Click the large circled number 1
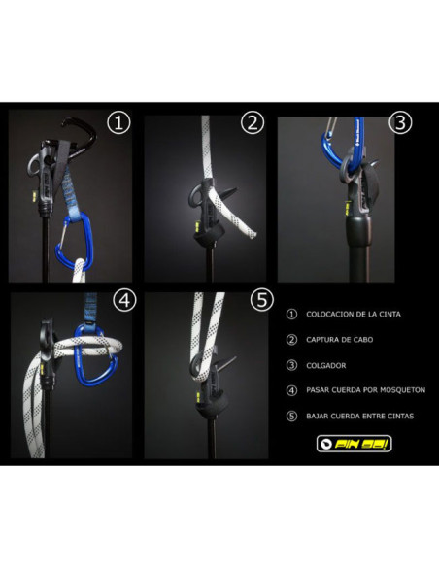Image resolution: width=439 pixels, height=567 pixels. point(118,123)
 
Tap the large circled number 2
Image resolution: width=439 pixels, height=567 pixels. point(253,123)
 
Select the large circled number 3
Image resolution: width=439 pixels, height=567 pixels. point(400,123)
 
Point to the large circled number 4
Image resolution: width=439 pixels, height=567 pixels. point(124,300)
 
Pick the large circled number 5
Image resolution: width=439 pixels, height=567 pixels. point(262,300)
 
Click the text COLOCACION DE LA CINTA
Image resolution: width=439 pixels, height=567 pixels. point(354,315)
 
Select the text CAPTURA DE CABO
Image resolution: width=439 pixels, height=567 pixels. point(340,340)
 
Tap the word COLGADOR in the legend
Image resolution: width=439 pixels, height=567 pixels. point(325,366)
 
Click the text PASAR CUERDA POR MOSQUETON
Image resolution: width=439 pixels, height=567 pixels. point(365,390)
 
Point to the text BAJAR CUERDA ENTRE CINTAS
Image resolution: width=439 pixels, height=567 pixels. point(359,417)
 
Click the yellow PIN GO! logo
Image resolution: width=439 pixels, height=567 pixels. point(355,444)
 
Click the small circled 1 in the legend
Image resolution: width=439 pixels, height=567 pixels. point(291,315)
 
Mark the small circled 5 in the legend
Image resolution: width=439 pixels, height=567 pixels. point(291,417)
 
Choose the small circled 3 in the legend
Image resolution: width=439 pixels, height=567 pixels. point(291,365)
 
